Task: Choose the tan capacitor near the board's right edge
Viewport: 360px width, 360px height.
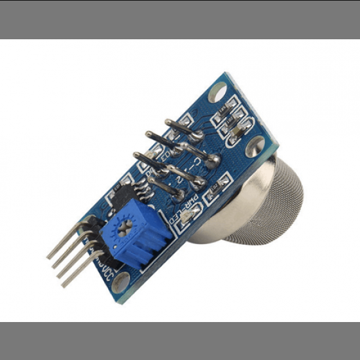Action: (236, 134)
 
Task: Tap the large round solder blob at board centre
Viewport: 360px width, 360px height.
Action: (213, 159)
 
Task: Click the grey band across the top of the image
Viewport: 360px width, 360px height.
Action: (180, 19)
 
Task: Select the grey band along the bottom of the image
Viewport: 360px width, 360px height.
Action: (180, 340)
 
